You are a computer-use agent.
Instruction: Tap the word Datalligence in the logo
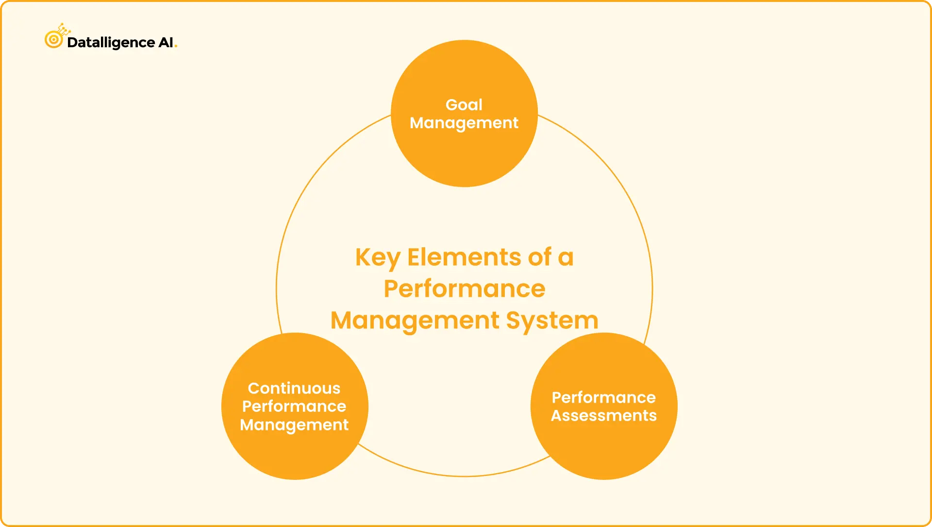[111, 43]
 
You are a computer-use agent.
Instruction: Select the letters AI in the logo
[166, 43]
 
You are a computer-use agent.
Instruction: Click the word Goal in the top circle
[464, 105]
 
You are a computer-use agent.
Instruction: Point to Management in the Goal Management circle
[464, 123]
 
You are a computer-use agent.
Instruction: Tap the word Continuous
[294, 389]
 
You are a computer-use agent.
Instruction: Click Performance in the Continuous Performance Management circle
[294, 407]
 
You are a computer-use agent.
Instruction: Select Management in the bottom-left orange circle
[294, 425]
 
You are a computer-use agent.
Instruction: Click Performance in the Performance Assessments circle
[604, 398]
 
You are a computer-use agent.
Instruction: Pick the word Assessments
[604, 416]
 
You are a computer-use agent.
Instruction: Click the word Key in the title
[378, 258]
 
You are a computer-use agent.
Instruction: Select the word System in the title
[552, 321]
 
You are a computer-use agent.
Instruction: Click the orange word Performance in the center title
[465, 289]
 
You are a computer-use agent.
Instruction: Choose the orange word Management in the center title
[415, 321]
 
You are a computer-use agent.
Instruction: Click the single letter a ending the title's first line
[566, 258]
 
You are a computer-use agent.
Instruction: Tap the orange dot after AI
[176, 47]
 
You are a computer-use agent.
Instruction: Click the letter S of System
[514, 321]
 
